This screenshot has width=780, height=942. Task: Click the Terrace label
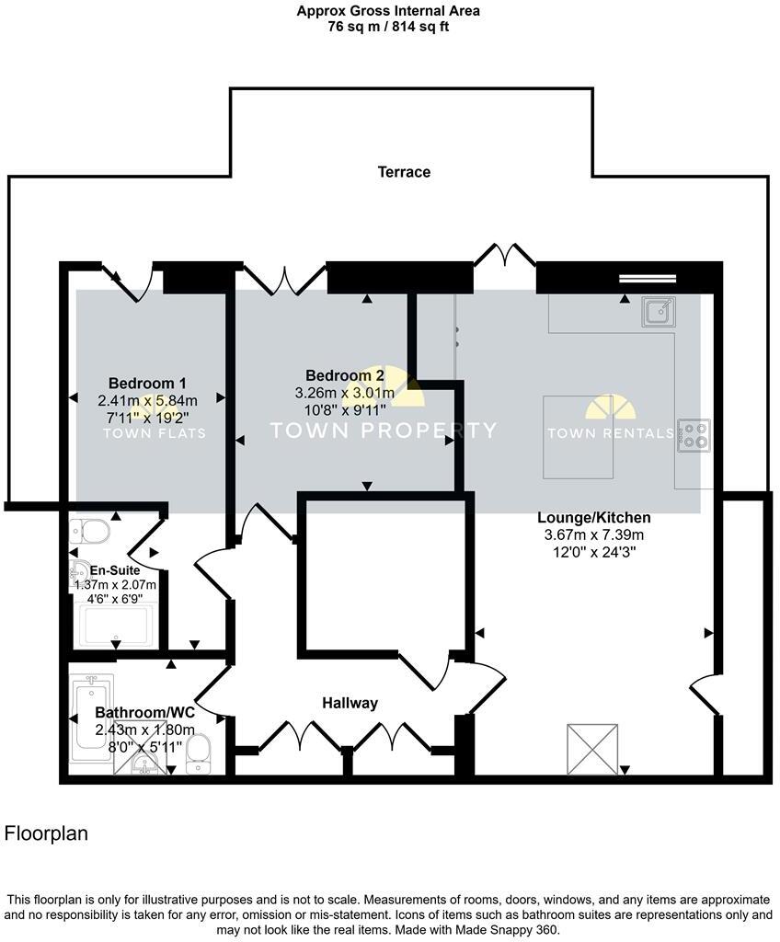[404, 172]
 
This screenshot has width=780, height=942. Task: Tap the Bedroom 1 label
[147, 383]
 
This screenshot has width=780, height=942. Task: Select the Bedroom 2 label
[345, 375]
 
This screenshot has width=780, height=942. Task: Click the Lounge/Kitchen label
[594, 518]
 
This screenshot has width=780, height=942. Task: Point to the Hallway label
[350, 703]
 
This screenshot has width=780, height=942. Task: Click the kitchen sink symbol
[660, 311]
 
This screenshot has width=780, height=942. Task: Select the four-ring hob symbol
[694, 435]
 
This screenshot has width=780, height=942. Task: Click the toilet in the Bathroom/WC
[200, 755]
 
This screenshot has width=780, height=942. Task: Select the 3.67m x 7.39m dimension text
[594, 535]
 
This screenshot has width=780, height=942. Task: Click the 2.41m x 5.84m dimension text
[147, 400]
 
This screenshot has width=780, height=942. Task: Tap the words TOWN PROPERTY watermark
[382, 430]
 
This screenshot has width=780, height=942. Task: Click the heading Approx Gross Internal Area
[388, 11]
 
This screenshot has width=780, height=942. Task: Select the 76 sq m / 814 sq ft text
[388, 27]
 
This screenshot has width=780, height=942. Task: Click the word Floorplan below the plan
[47, 834]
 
